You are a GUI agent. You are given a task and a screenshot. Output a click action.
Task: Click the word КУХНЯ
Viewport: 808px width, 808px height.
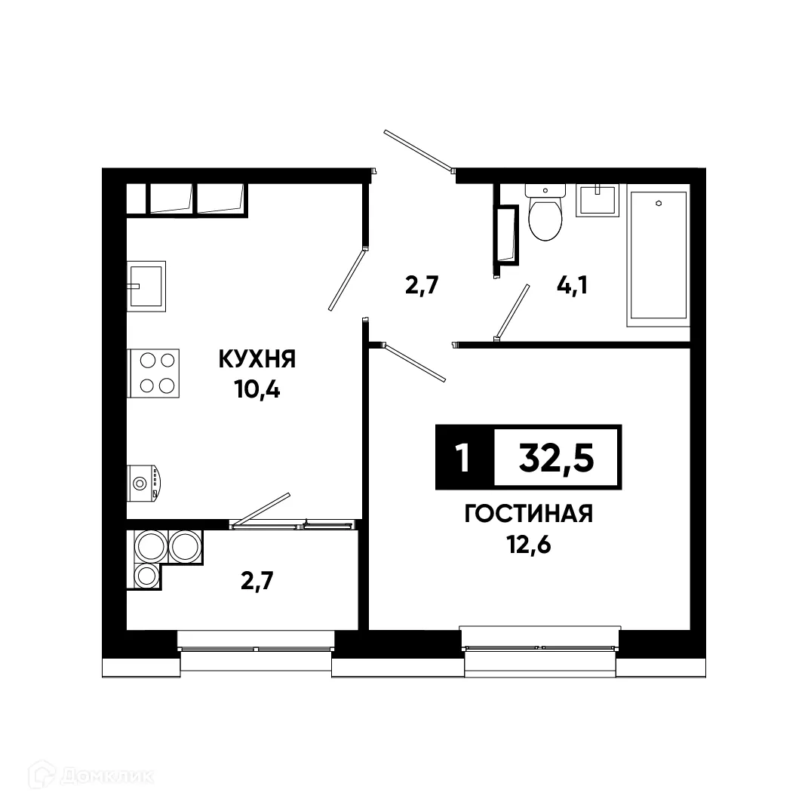tap(257, 359)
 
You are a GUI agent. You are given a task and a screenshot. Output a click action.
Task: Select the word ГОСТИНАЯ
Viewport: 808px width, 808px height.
tap(528, 515)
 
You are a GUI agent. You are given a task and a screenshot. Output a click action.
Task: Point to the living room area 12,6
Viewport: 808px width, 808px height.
tap(528, 545)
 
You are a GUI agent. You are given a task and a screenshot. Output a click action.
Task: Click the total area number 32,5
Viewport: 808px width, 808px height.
tap(556, 457)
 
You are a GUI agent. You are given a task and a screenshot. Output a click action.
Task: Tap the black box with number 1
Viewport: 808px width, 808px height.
tap(463, 457)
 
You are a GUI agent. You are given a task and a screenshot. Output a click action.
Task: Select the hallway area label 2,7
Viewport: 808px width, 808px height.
tap(422, 286)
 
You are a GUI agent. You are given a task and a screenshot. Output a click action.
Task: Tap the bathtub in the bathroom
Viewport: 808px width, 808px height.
tap(659, 255)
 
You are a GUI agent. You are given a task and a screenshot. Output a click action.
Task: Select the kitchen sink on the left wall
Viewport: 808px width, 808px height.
tap(147, 285)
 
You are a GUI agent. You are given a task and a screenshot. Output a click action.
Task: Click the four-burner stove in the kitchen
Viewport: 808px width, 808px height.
tap(154, 373)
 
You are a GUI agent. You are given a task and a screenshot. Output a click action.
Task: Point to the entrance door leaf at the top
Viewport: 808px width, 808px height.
tap(417, 150)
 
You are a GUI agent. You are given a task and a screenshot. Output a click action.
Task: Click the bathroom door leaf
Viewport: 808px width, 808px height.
tap(510, 313)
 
